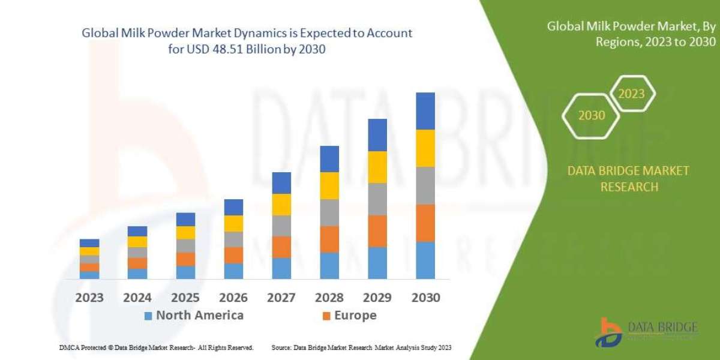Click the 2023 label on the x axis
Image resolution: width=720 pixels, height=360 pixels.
(89, 298)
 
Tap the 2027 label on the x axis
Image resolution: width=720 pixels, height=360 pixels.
(281, 298)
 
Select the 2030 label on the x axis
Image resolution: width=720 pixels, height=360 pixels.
(425, 298)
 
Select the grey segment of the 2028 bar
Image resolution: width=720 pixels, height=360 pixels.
(329, 212)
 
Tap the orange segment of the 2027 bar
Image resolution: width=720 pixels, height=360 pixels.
(281, 247)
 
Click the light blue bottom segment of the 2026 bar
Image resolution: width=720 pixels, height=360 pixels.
(233, 271)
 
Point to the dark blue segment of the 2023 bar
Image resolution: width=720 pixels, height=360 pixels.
(89, 243)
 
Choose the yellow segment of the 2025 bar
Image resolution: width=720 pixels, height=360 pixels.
(185, 233)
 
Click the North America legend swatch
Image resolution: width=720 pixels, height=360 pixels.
(148, 316)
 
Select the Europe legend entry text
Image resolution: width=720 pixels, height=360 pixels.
(355, 316)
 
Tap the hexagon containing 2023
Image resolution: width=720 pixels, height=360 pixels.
(631, 94)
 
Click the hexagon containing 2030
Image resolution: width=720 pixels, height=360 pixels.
(592, 115)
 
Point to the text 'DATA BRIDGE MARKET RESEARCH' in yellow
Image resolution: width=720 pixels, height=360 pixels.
(628, 179)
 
